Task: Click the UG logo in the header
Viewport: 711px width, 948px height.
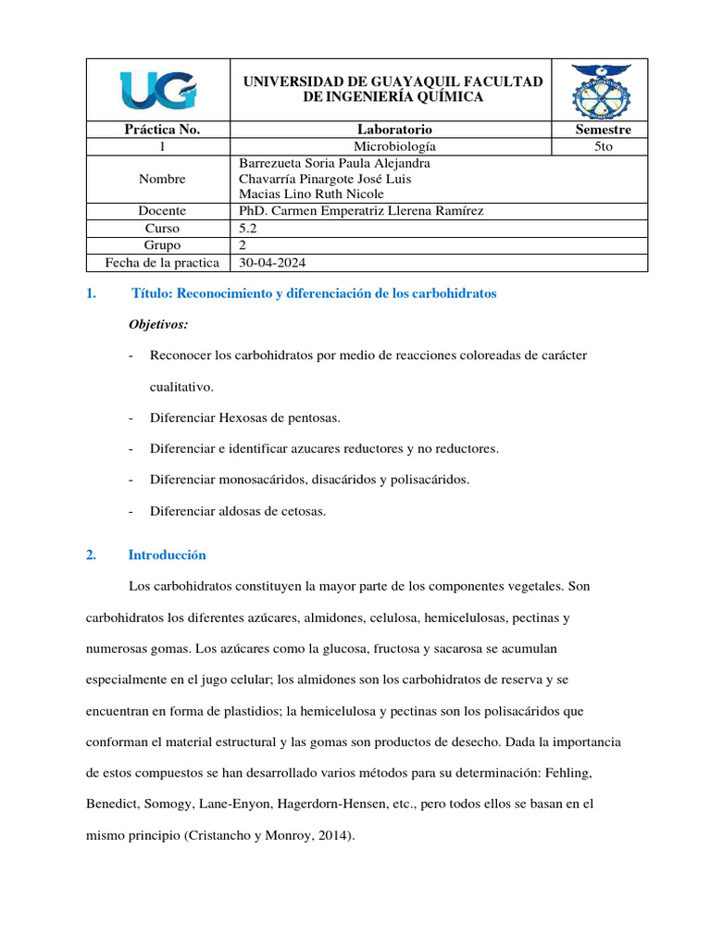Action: [157, 90]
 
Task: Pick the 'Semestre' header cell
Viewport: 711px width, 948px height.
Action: [599, 130]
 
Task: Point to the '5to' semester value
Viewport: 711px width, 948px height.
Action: [599, 146]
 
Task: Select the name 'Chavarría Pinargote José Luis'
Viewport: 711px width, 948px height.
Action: [325, 179]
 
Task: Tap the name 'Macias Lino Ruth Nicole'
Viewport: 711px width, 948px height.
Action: [311, 194]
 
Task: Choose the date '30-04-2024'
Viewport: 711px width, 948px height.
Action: [270, 262]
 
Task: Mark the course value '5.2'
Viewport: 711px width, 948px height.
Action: [248, 228]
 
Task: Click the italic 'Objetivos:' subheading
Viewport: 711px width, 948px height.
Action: [157, 324]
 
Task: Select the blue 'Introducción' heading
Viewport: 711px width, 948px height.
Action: [167, 555]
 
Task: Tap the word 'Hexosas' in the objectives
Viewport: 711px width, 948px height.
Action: [241, 419]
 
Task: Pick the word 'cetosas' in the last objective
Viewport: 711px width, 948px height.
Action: [305, 511]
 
